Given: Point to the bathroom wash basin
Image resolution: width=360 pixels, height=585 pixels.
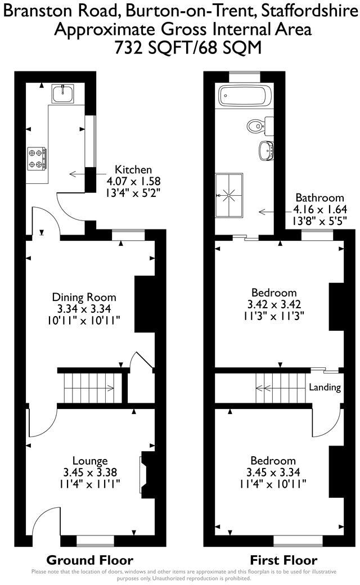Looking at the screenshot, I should tap(267, 150).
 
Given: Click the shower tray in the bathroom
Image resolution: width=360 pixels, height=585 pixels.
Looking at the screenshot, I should tap(229, 195).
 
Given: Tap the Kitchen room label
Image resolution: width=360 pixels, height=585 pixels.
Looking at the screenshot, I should tap(133, 169).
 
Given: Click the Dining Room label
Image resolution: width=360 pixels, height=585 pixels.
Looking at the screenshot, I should tap(84, 297).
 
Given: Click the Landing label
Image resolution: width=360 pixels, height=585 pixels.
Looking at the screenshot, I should tap(325, 388).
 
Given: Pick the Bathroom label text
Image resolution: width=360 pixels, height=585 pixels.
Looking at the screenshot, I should tap(319, 198).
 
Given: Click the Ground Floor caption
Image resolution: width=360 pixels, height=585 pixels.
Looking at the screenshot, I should tap(89, 560).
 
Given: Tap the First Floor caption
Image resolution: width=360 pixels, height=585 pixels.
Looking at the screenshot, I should tap(283, 560).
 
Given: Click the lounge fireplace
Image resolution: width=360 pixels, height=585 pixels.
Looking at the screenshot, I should tap(147, 473).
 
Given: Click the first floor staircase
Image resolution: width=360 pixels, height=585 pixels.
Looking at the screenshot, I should tap(281, 387).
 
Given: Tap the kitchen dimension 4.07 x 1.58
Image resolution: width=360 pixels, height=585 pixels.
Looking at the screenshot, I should tap(133, 181).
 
